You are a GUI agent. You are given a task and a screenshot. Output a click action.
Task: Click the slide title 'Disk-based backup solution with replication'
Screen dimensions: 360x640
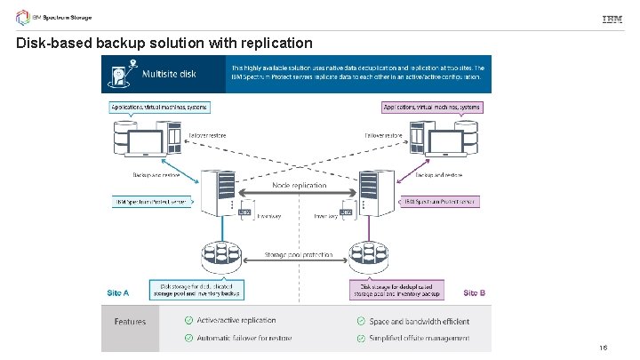tap(164, 43)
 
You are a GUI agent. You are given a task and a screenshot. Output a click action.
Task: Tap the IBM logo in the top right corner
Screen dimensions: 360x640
tap(612, 20)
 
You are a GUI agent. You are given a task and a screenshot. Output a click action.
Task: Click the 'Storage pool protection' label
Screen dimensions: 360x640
tap(298, 255)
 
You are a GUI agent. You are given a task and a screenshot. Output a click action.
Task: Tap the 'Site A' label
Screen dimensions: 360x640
tap(118, 292)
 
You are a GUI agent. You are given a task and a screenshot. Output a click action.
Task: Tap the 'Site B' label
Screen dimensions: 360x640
tap(475, 292)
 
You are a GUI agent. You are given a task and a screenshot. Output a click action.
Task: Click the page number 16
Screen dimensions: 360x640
tap(603, 348)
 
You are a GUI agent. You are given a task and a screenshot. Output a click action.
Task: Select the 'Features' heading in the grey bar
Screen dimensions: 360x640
tap(130, 321)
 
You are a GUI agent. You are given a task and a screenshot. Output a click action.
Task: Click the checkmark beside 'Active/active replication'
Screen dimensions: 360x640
tap(188, 320)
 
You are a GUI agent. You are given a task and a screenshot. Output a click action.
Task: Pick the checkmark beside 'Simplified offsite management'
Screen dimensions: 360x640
tap(361, 338)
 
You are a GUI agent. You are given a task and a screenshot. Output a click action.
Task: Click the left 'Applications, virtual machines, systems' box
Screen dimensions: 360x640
tap(160, 107)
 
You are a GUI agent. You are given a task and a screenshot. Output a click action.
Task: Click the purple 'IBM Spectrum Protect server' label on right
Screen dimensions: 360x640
tap(441, 202)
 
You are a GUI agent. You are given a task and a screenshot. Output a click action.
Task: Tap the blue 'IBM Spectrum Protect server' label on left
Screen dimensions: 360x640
tap(151, 202)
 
